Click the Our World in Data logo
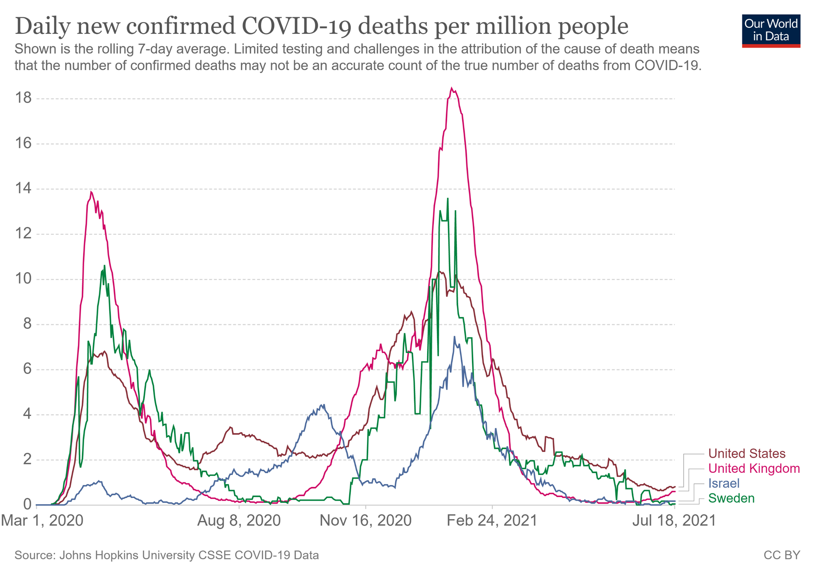[771, 31]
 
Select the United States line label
[747, 454]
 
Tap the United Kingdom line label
[754, 469]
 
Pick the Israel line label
[724, 483]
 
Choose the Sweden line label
[731, 498]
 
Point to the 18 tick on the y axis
[23, 98]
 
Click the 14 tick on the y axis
[23, 189]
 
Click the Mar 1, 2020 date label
[42, 520]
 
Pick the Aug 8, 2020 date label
[239, 520]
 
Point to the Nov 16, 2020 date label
[365, 520]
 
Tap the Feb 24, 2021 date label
[492, 520]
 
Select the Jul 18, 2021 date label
[674, 520]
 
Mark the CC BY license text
[782, 555]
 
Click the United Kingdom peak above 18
[452, 88]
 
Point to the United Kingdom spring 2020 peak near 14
[91, 192]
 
